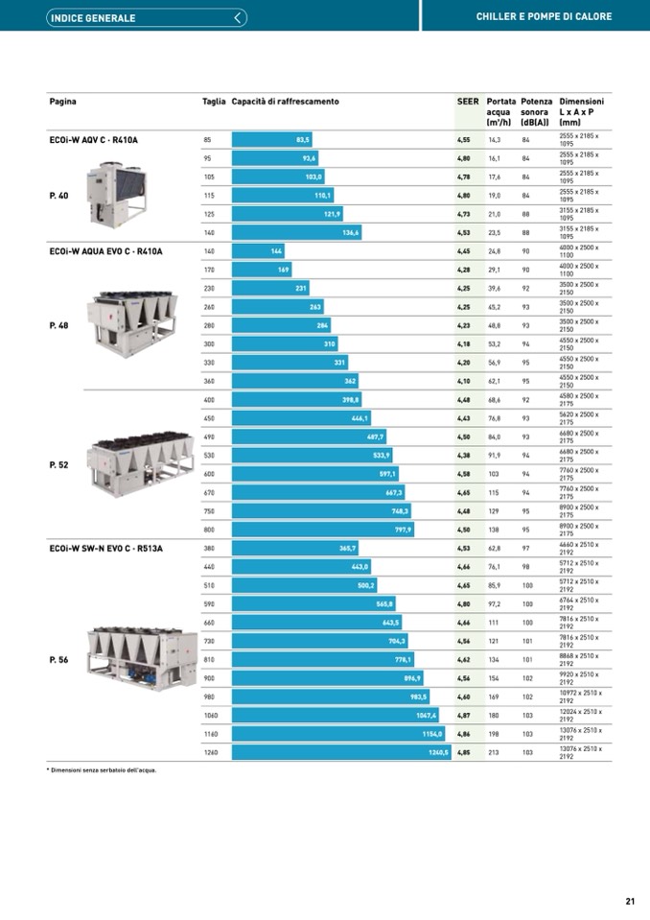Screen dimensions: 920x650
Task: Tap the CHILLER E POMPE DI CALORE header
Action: pos(544,17)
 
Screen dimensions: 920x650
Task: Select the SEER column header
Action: pos(468,102)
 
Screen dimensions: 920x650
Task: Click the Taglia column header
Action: pos(214,102)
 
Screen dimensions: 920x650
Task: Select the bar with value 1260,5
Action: pos(341,753)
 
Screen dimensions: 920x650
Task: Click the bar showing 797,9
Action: pos(323,530)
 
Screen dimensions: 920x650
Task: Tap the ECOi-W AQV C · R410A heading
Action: pos(93,140)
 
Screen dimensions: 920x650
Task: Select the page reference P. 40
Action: pos(58,196)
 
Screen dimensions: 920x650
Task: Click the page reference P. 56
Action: pos(58,660)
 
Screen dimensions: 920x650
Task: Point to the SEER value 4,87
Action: pos(463,716)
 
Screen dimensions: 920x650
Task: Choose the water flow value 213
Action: pos(495,753)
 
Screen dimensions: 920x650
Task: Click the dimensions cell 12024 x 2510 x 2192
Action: pos(581,716)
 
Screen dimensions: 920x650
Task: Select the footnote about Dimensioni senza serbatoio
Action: pos(103,769)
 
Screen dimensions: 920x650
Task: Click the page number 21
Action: pos(630,901)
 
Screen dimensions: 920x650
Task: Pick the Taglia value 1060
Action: pos(211,716)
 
